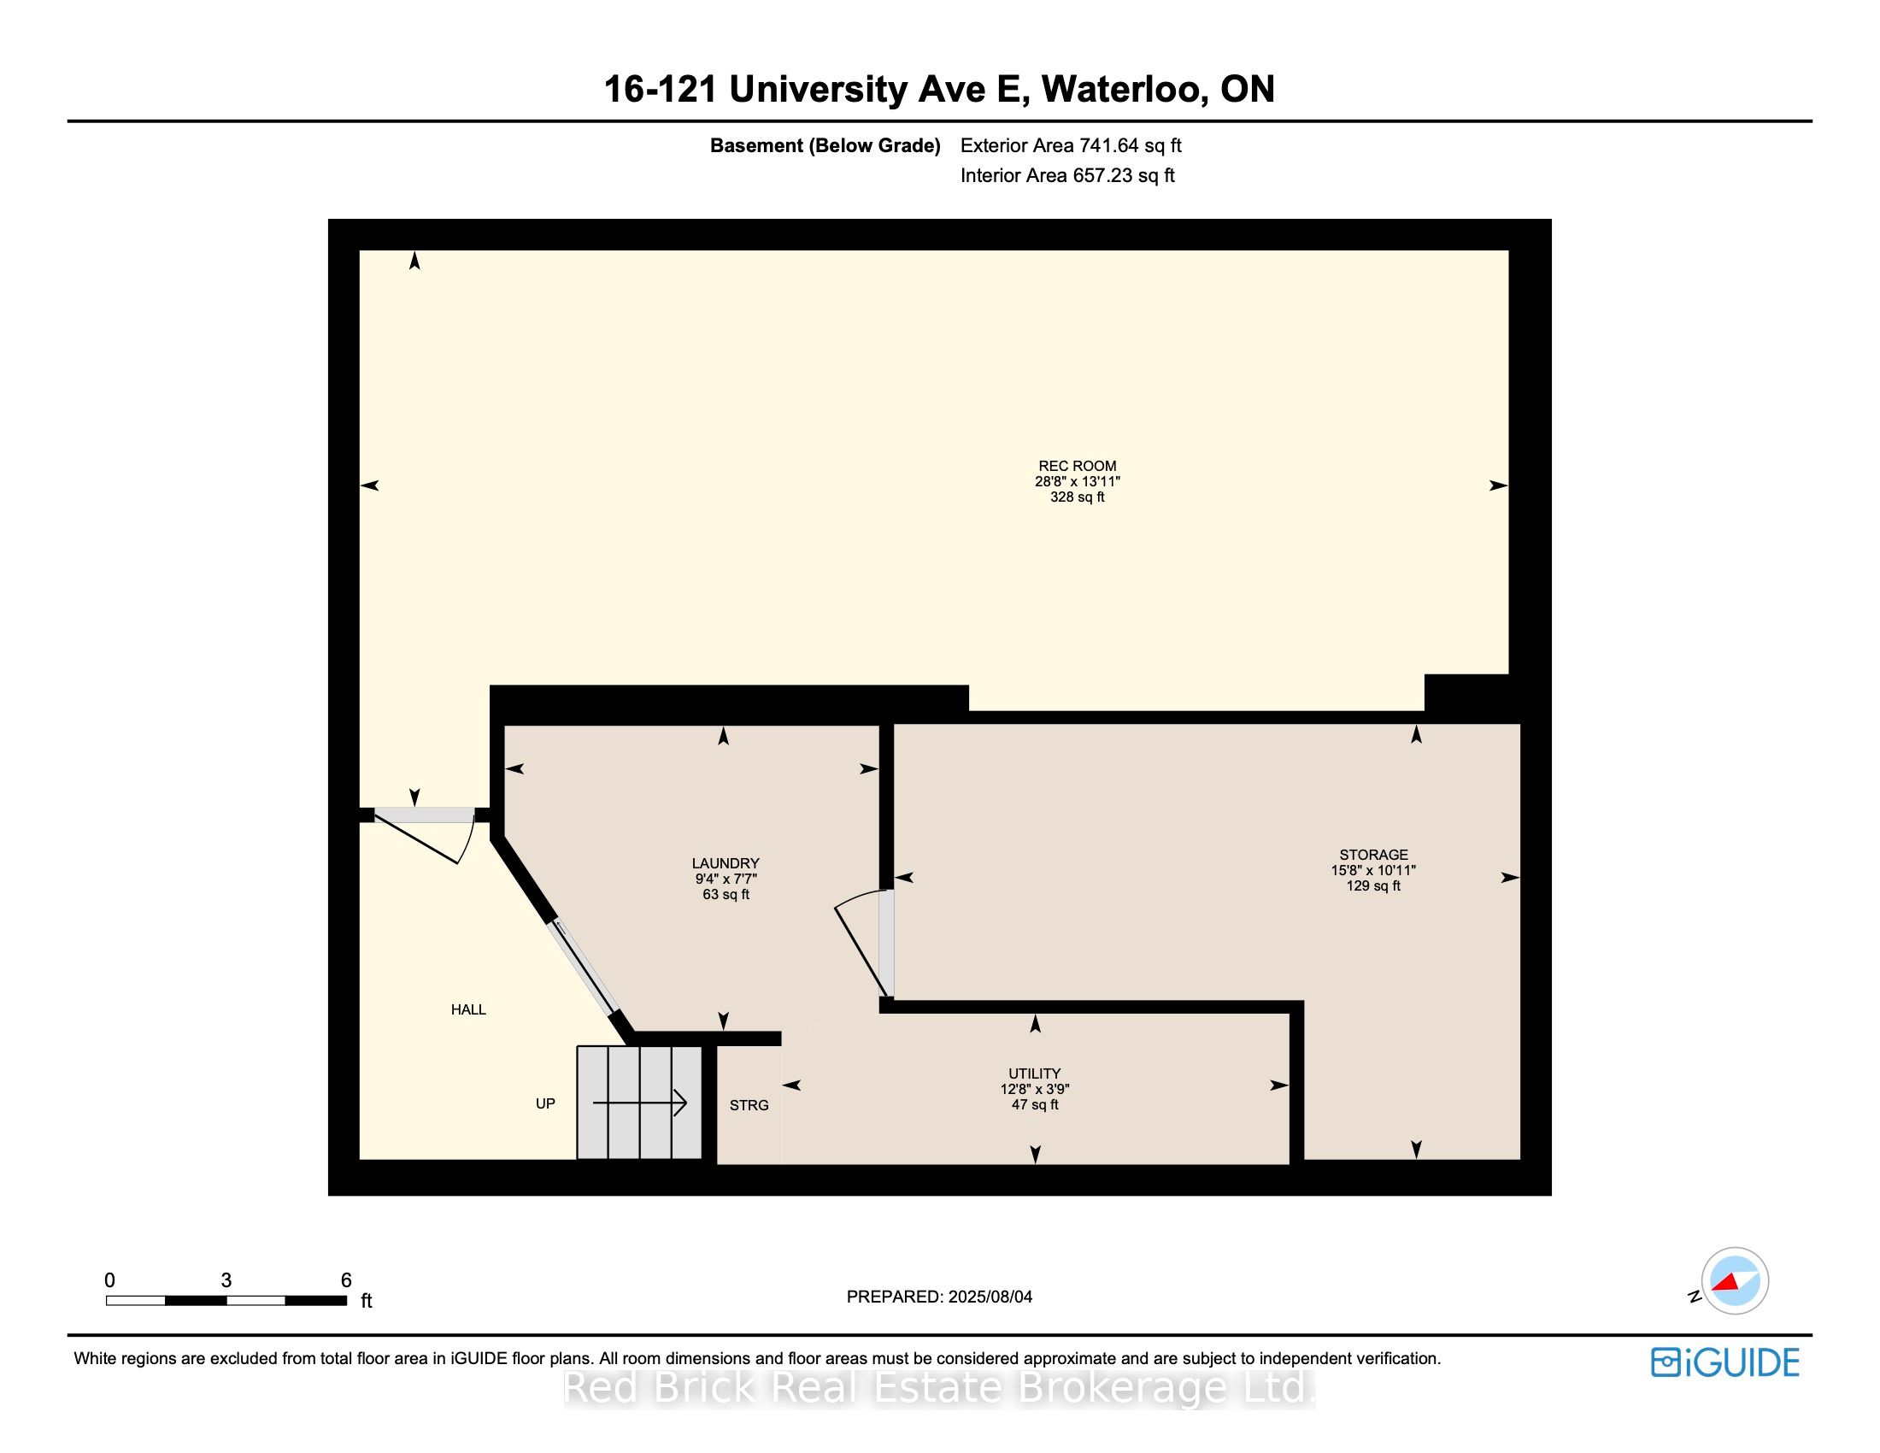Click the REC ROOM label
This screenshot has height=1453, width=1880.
pyautogui.click(x=1077, y=466)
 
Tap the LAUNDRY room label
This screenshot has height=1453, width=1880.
pyautogui.click(x=726, y=863)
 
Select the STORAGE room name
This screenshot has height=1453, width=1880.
pyautogui.click(x=1373, y=855)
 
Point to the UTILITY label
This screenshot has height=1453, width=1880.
pyautogui.click(x=1034, y=1074)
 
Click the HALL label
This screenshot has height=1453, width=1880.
pyautogui.click(x=468, y=1009)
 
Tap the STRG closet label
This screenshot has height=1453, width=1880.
pyautogui.click(x=749, y=1105)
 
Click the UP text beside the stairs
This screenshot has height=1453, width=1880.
pyautogui.click(x=545, y=1103)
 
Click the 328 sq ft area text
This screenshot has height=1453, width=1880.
pyautogui.click(x=1077, y=497)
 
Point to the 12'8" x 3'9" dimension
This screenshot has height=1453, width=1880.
pyautogui.click(x=1034, y=1089)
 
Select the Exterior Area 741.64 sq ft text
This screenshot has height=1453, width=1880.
pyautogui.click(x=1070, y=145)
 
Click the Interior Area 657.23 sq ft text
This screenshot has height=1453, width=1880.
pyautogui.click(x=1066, y=175)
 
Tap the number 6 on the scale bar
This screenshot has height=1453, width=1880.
pyautogui.click(x=346, y=1280)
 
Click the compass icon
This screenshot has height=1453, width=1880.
pyautogui.click(x=1735, y=1280)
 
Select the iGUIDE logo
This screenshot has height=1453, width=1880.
pyautogui.click(x=1724, y=1362)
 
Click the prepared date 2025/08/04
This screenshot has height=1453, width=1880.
pyautogui.click(x=989, y=1297)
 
